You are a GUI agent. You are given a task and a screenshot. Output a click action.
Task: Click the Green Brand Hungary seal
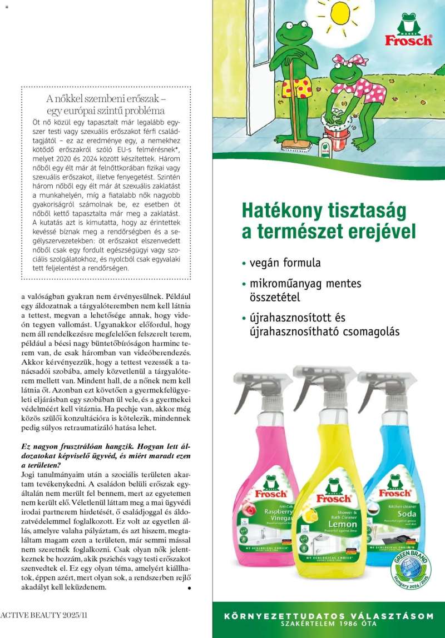pyautogui.click(x=411, y=569)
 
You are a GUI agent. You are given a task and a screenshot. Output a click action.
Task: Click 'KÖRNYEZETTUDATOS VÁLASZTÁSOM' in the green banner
pyautogui.click(x=328, y=616)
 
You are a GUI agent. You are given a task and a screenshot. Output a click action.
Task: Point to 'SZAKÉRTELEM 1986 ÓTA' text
pyautogui.click(x=328, y=624)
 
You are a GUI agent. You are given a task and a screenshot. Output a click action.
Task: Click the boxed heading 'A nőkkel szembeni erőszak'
pyautogui.click(x=107, y=99)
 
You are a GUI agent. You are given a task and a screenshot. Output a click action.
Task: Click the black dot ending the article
pyautogui.click(x=190, y=587)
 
